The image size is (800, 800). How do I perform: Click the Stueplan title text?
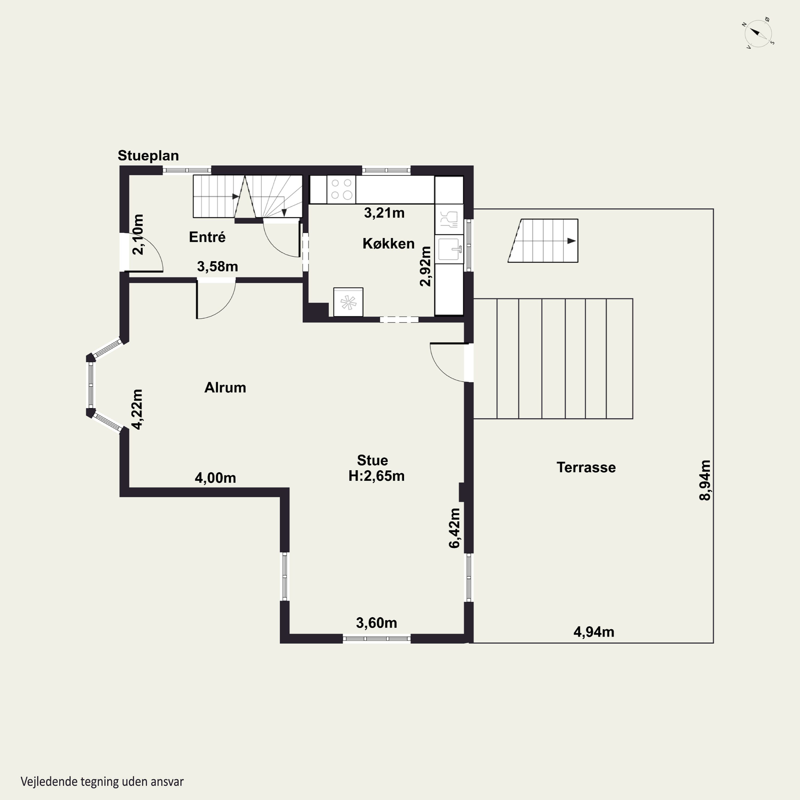[x=148, y=156]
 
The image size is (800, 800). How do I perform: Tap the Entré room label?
[x=207, y=237]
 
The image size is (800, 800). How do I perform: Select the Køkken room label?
[x=389, y=243]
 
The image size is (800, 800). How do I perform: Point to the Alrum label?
[x=225, y=387]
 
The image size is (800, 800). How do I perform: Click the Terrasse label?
[x=586, y=467]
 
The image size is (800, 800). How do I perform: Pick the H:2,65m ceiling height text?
[x=376, y=476]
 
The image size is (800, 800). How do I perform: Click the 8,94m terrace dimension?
[x=705, y=480]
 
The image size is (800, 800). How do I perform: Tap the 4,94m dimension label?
[x=594, y=632]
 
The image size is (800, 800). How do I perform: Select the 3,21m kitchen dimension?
[x=384, y=213]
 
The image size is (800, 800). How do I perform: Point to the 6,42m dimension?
[x=454, y=528]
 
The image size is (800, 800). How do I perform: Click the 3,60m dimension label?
[x=376, y=623]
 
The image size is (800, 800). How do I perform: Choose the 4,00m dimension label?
[x=215, y=478]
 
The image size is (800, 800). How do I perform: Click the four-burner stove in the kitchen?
[x=342, y=189]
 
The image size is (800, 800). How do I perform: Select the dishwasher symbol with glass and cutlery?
[x=449, y=219]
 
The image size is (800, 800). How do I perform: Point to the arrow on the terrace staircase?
[x=571, y=241]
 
